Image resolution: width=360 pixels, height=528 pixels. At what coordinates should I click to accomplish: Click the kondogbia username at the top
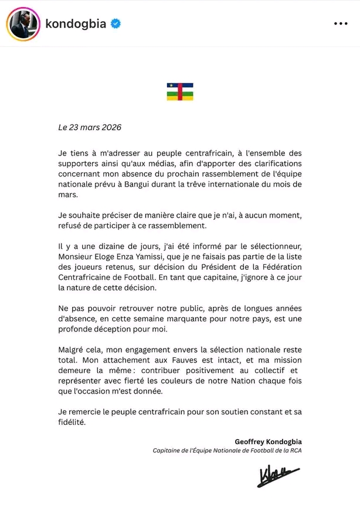coord(76,23)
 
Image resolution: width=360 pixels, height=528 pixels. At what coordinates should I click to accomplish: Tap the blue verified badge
coord(116,23)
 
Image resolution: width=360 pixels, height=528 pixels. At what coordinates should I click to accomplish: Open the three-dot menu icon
coord(341,23)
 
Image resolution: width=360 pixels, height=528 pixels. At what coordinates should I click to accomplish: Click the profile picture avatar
coord(23,23)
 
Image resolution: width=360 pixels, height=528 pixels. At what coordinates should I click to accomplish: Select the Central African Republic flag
coord(180,92)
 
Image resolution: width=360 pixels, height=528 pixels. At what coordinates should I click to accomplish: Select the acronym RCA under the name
coord(294,451)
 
